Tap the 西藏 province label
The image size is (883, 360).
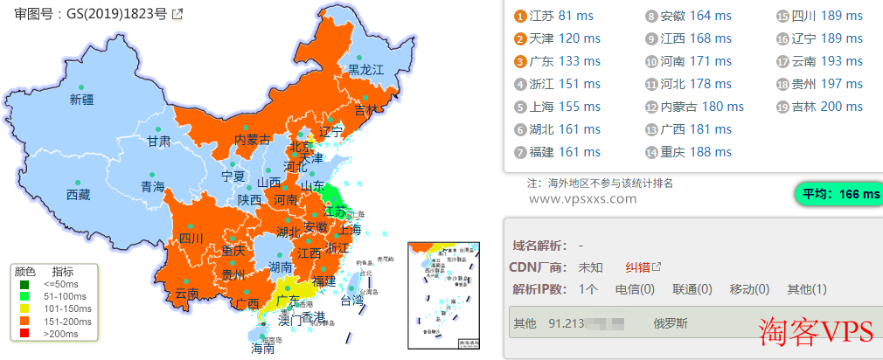point(78,195)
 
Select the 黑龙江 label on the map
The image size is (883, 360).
point(366,69)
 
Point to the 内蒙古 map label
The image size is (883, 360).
point(253,140)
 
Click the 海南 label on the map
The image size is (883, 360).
point(262,347)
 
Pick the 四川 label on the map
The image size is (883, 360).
point(191,238)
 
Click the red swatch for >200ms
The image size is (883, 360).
point(25,333)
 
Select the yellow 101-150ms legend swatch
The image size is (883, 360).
point(25,308)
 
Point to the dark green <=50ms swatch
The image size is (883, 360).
point(25,283)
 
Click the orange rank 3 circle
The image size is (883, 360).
point(519,61)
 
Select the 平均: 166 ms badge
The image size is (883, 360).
point(837,194)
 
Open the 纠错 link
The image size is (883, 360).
point(636,267)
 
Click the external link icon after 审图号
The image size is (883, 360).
point(177,14)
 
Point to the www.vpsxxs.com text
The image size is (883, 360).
point(583,198)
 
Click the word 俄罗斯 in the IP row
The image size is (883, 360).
point(671,323)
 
